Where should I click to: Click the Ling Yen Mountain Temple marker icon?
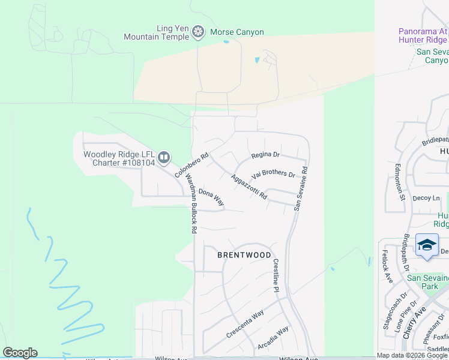point(199,32)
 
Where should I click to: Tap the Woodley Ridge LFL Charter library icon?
point(164,158)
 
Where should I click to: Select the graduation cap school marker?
point(427,245)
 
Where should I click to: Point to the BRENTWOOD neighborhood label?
point(244,255)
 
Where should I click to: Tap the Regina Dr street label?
point(266,155)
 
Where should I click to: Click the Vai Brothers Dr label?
point(274,175)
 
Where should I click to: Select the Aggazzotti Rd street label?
point(249,188)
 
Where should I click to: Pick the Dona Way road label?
point(211,197)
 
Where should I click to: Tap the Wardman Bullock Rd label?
point(191,203)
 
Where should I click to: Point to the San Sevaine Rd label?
point(301,188)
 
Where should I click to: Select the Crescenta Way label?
point(245,324)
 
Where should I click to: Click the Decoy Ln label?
point(427,197)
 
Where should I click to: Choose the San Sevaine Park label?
point(427,282)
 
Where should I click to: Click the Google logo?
point(20,353)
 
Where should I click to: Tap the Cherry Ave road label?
point(414,323)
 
